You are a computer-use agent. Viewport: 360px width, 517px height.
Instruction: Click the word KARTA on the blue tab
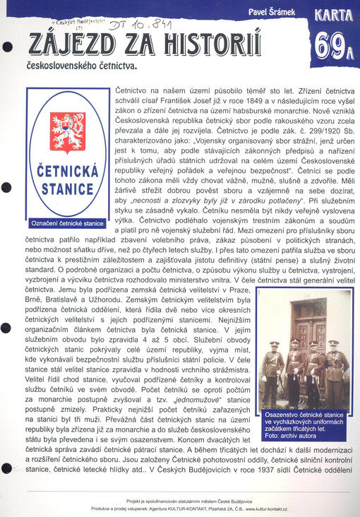(335, 14)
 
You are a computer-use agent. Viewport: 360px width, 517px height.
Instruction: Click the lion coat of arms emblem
(67, 131)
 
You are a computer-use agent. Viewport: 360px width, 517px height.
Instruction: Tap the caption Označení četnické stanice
(66, 223)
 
